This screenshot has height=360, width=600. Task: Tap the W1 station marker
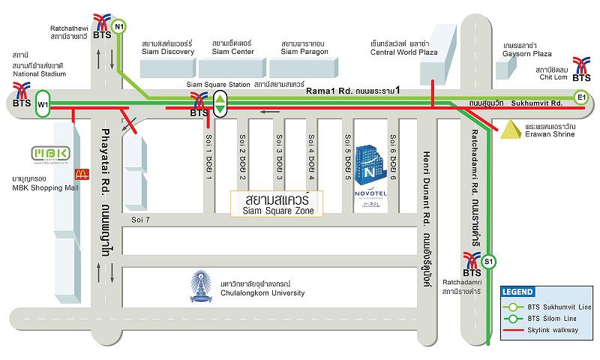pos(43,103)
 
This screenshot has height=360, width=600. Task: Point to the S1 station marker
pos(488,261)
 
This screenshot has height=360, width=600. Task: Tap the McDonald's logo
pos(80,174)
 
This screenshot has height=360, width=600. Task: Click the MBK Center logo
pos(50,154)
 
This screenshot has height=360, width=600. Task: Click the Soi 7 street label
pos(140,220)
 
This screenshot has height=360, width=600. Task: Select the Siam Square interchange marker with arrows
pos(220,103)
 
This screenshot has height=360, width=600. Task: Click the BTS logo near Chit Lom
pos(581,68)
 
